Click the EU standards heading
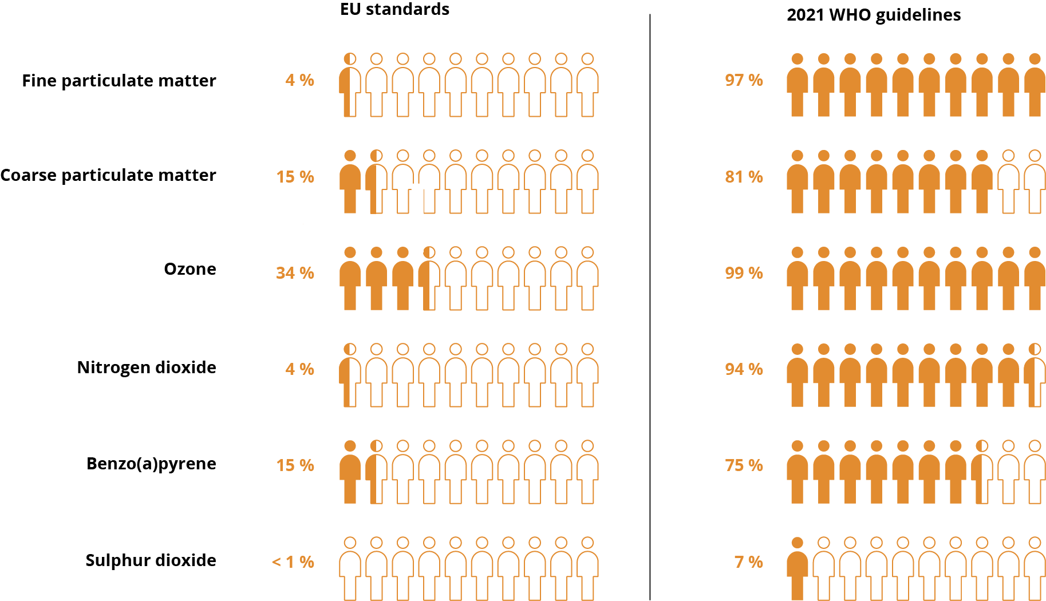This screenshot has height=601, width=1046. [394, 9]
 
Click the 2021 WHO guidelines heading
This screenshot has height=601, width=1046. [873, 15]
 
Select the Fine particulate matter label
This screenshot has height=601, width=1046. [119, 81]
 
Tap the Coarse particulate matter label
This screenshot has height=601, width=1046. [108, 175]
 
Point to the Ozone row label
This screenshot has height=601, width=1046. [190, 269]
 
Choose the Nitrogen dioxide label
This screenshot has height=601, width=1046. [147, 367]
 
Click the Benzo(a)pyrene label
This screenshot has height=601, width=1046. [151, 464]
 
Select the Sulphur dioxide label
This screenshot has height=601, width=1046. [151, 560]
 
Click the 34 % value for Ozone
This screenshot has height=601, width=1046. [295, 273]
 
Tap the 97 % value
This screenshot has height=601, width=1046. [744, 80]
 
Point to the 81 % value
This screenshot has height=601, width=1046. [744, 177]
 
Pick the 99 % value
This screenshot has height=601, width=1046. [744, 273]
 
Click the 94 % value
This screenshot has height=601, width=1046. [744, 369]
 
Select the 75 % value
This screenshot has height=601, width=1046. [744, 465]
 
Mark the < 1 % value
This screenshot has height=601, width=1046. [293, 562]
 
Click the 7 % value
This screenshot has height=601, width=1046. [748, 562]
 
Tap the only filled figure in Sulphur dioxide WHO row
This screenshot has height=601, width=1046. [797, 570]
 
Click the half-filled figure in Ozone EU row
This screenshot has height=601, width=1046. [429, 279]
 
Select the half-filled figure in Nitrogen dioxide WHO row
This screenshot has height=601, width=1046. [1035, 376]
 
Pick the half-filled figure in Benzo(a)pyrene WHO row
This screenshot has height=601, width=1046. [982, 473]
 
